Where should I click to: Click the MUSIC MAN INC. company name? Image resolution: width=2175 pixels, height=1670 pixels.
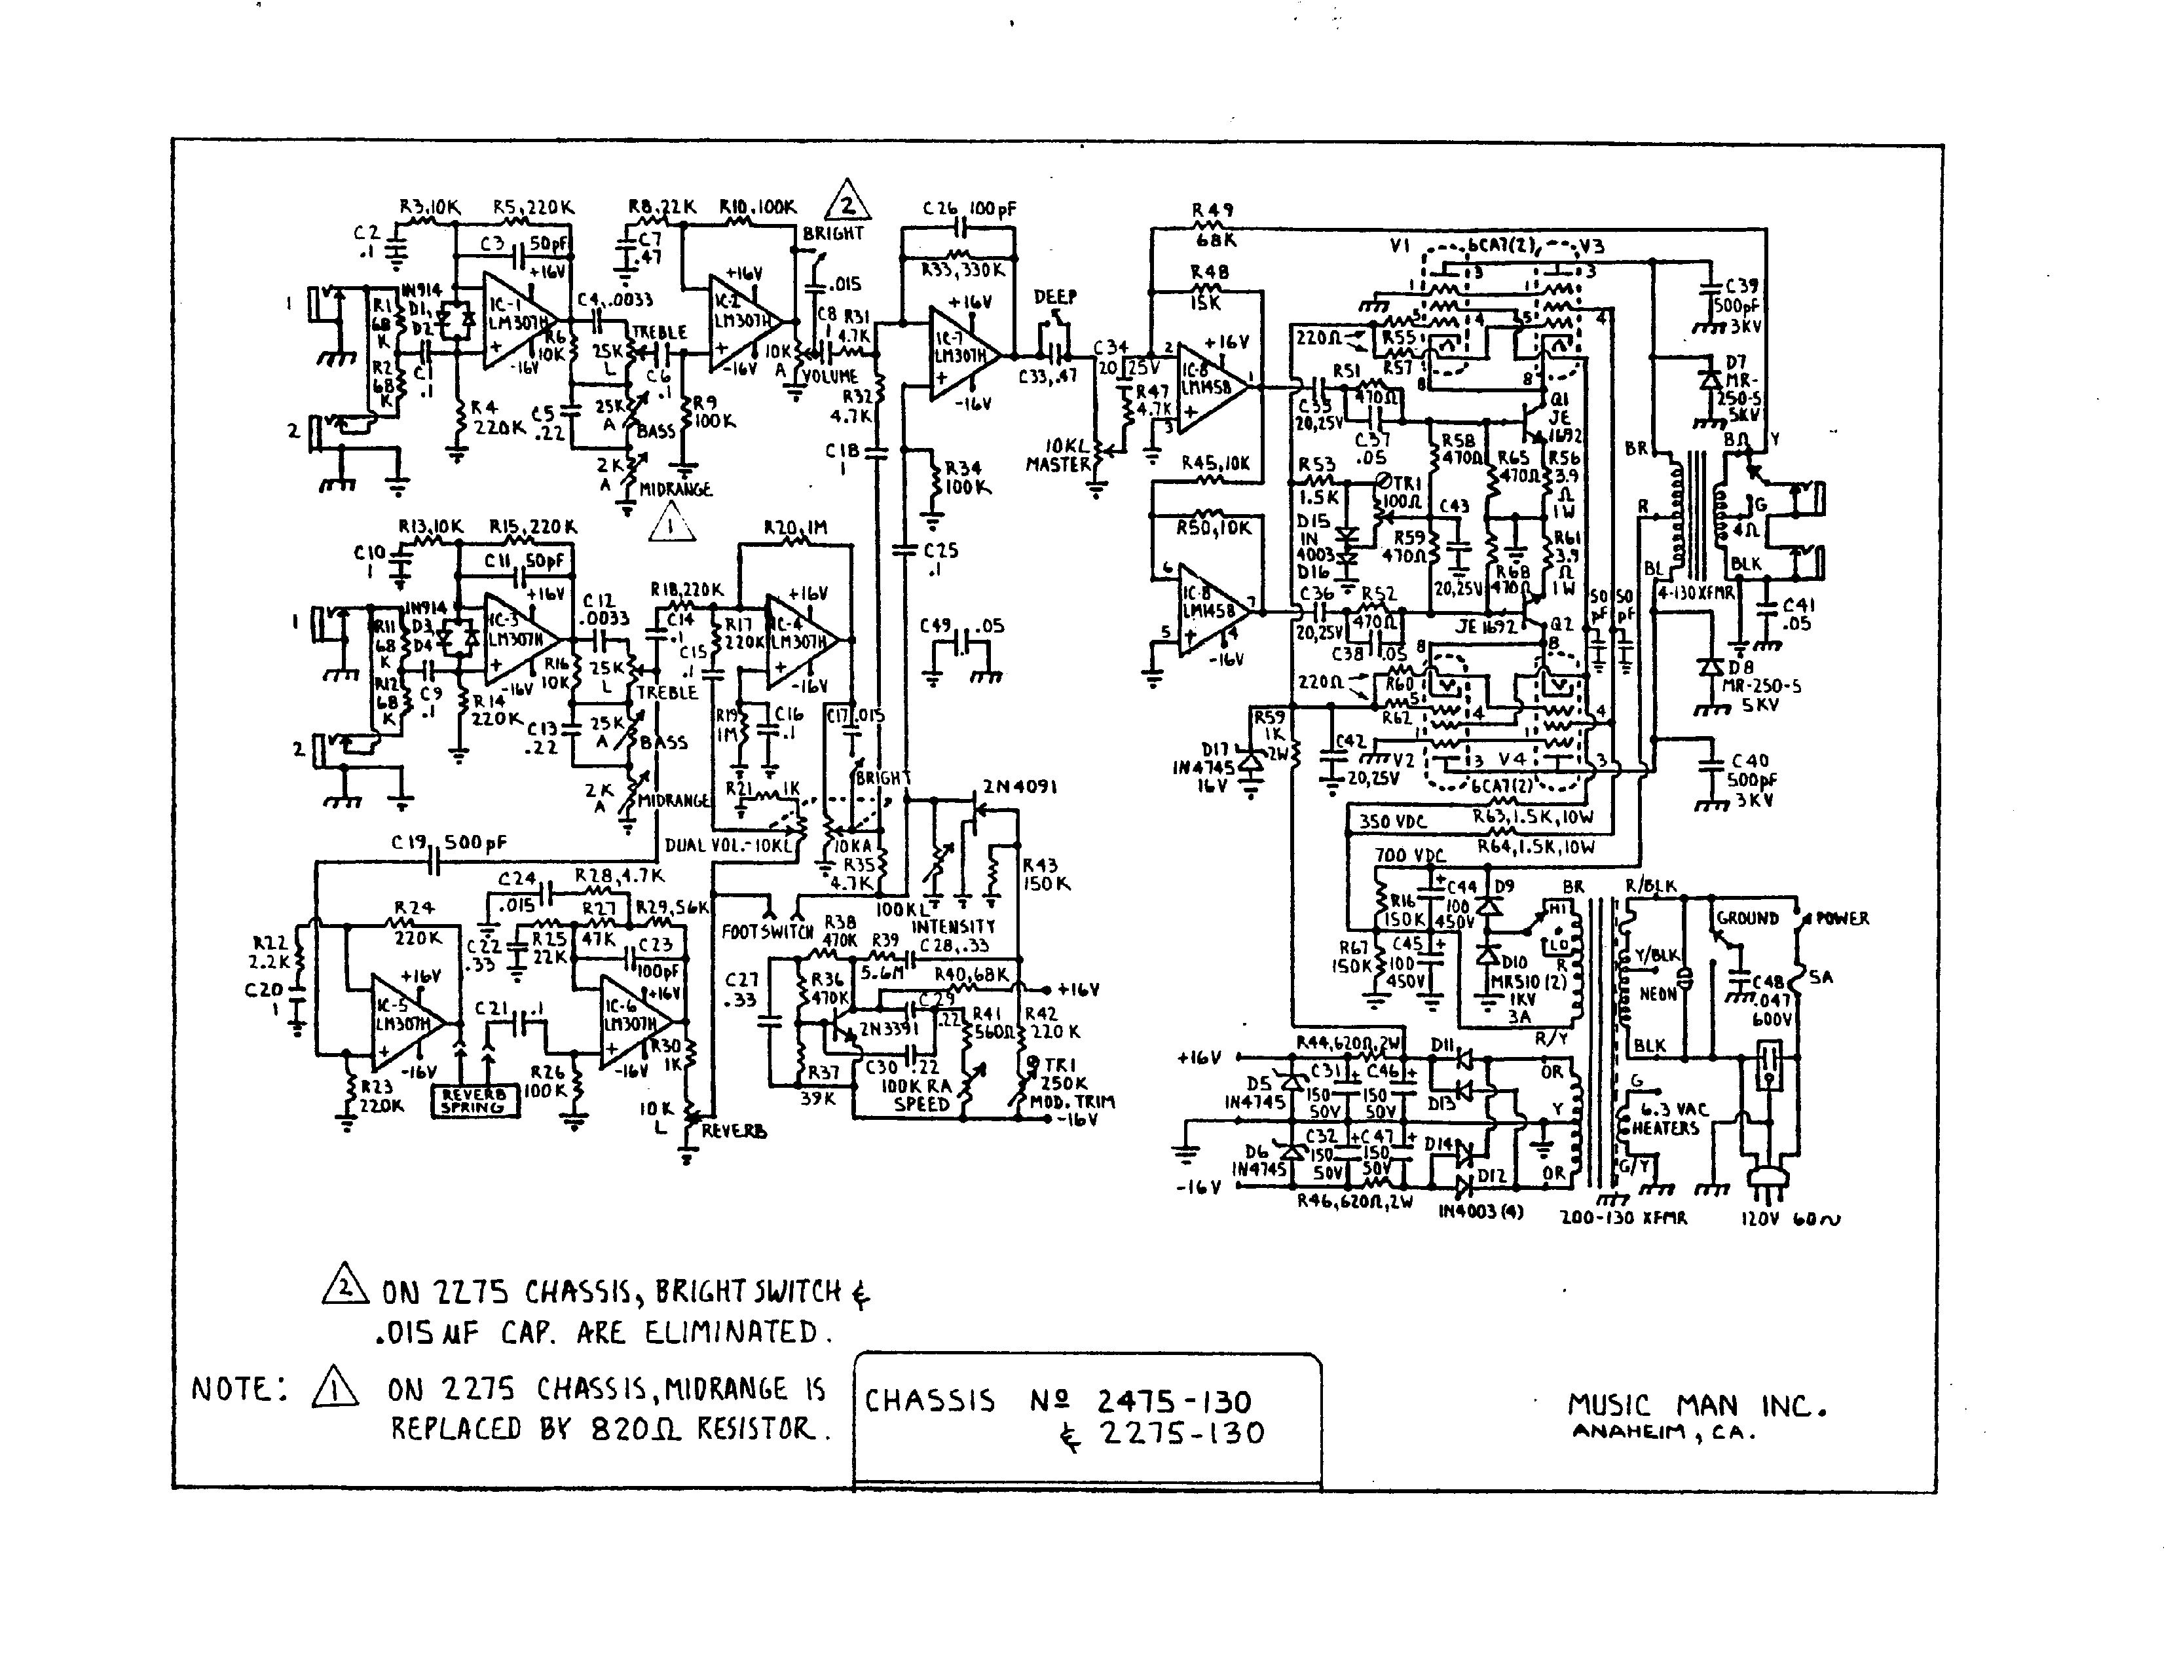pyautogui.click(x=1696, y=1405)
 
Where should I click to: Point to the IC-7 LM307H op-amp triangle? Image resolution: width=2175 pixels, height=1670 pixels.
pyautogui.click(x=960, y=355)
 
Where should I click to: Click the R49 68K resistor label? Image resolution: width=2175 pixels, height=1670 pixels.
pyautogui.click(x=1213, y=225)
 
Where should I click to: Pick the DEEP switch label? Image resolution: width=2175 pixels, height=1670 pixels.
pyautogui.click(x=1054, y=296)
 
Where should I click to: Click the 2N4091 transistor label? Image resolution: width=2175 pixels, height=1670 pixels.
pyautogui.click(x=1019, y=787)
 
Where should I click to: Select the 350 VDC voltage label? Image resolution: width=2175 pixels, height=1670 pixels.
pyautogui.click(x=1392, y=822)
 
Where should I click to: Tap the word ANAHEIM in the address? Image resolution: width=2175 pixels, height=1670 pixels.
pyautogui.click(x=1627, y=1432)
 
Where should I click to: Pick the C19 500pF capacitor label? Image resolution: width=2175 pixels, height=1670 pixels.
pyautogui.click(x=449, y=843)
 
